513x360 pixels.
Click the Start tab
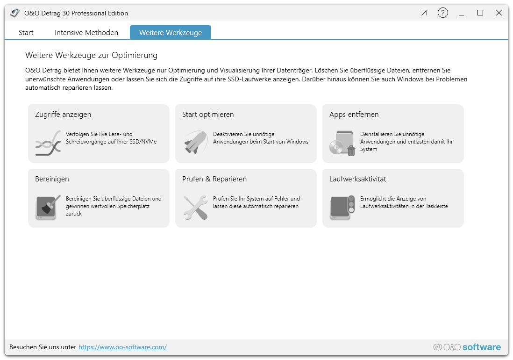tap(26, 32)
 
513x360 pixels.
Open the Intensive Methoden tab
tap(86, 32)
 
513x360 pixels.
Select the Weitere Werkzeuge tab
tap(171, 32)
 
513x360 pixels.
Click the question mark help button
tap(442, 13)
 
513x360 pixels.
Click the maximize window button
tap(480, 13)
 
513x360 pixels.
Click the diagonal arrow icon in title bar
tap(424, 13)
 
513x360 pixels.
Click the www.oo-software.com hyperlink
tap(122, 347)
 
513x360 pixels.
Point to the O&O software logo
tap(467, 347)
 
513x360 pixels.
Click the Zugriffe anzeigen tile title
tap(63, 115)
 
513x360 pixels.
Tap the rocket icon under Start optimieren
tap(196, 142)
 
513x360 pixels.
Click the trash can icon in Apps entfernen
tap(351, 151)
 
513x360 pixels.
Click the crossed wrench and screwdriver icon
tap(196, 207)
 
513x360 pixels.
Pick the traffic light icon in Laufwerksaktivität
tap(351, 203)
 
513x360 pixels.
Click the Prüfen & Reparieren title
tap(214, 179)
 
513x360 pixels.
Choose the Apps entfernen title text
tap(354, 115)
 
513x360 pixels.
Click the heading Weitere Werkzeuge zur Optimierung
tap(91, 55)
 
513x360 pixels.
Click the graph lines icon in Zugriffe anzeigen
tap(48, 143)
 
